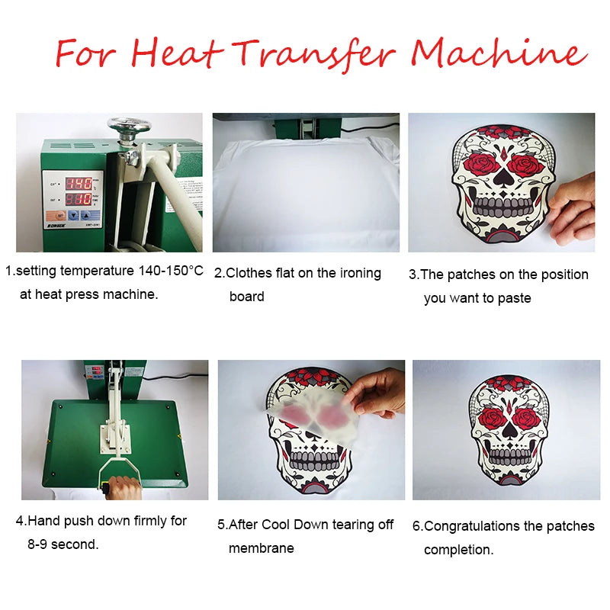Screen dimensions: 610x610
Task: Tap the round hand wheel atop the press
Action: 128,125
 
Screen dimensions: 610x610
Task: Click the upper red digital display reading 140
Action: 78,183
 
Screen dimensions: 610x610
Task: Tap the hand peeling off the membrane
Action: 379,391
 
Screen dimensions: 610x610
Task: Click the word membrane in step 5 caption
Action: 261,548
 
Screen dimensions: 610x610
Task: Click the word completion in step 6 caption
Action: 458,550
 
